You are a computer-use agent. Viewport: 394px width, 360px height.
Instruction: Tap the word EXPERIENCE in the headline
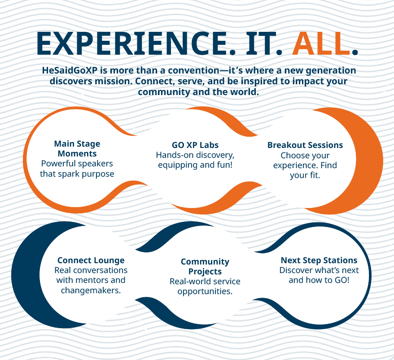132,43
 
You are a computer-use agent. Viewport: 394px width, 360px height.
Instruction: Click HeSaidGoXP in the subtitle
70,70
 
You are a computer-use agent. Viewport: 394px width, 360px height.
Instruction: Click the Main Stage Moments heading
77,148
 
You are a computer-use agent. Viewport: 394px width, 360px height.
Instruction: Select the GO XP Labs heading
195,145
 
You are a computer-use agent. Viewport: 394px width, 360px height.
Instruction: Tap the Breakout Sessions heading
305,145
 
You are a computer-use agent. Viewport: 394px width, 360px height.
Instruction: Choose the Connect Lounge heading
91,260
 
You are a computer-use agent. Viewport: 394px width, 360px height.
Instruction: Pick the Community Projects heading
205,266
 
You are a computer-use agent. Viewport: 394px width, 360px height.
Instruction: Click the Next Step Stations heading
319,260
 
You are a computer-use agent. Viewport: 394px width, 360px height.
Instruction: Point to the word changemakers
91,291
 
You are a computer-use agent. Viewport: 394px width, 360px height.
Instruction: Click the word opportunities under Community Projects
205,291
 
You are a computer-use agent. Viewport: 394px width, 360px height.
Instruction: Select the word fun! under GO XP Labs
224,165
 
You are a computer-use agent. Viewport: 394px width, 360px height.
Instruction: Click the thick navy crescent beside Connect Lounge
25,275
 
